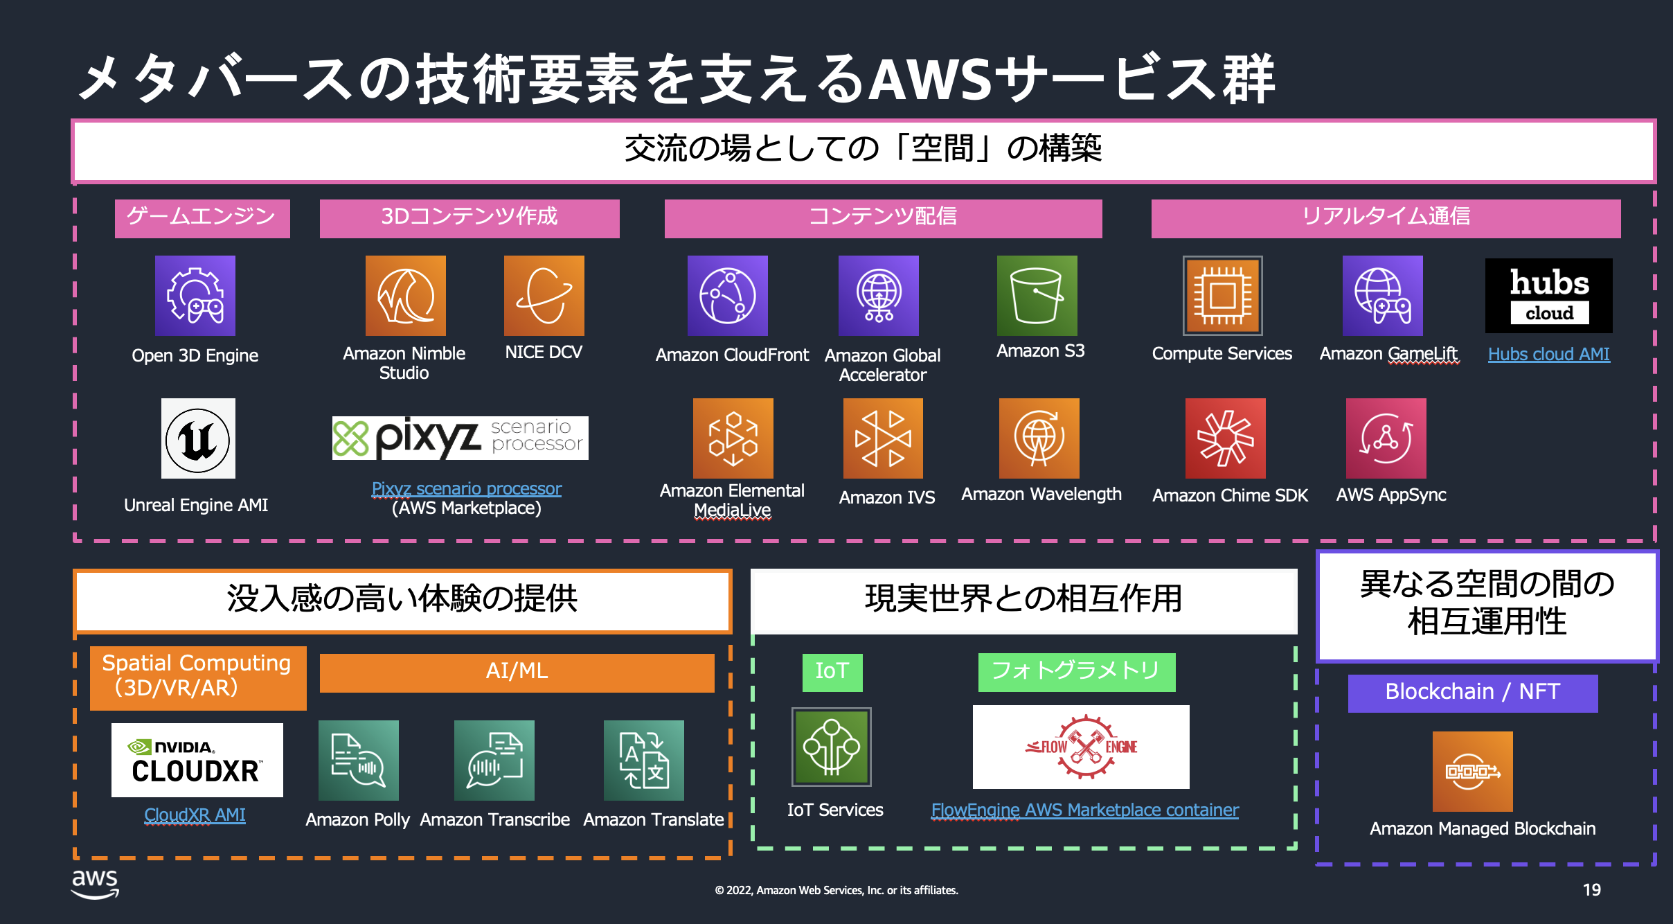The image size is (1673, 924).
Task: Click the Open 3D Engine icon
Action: [x=195, y=296]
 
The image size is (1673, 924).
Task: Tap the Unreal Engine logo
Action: [x=198, y=438]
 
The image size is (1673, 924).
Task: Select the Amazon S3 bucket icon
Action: [x=1037, y=296]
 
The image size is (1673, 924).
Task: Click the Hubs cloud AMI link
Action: [x=1548, y=354]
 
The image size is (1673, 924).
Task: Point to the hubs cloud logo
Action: [x=1548, y=296]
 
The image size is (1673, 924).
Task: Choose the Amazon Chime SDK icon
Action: [x=1225, y=438]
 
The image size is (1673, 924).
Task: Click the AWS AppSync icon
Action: [x=1386, y=438]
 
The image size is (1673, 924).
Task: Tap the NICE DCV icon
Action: [x=544, y=296]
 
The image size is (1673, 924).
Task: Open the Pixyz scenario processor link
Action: [x=467, y=488]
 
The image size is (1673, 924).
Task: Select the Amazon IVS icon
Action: [x=883, y=438]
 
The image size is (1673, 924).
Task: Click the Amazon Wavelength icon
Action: [x=1039, y=438]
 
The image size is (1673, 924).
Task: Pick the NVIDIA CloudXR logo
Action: [x=197, y=760]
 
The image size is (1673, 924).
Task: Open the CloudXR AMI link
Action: [x=195, y=815]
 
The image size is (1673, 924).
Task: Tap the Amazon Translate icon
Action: [x=643, y=761]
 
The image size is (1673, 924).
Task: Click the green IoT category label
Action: [x=832, y=672]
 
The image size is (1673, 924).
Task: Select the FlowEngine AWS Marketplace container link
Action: [x=1084, y=810]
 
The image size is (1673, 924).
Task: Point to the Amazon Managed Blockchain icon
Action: [x=1472, y=771]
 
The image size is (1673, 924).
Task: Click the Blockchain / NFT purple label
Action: [x=1472, y=693]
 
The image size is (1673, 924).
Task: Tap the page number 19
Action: [x=1591, y=890]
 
